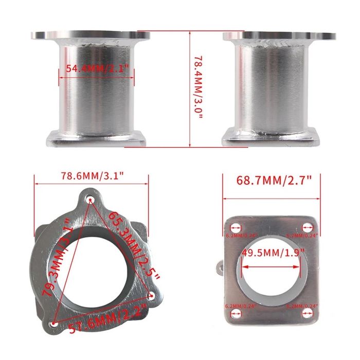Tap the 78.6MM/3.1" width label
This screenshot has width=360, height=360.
[x=92, y=176]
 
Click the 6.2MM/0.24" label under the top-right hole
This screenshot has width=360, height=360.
[x=303, y=236]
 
